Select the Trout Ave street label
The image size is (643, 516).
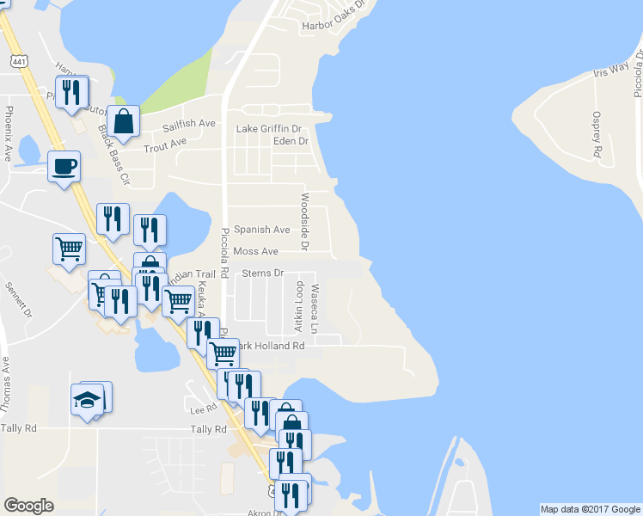(165, 144)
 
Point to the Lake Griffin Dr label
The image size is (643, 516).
(271, 129)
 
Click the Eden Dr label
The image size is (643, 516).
(290, 141)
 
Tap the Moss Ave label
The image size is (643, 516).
(255, 251)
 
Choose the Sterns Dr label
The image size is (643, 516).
(262, 273)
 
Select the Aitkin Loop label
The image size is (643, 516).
(299, 306)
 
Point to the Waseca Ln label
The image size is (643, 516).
(315, 310)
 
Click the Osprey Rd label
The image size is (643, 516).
(596, 134)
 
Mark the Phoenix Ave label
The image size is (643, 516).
(9, 134)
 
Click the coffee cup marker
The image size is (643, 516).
(64, 166)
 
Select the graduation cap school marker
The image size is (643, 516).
(87, 400)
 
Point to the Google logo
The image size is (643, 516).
(28, 506)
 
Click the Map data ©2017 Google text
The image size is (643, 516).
(589, 509)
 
